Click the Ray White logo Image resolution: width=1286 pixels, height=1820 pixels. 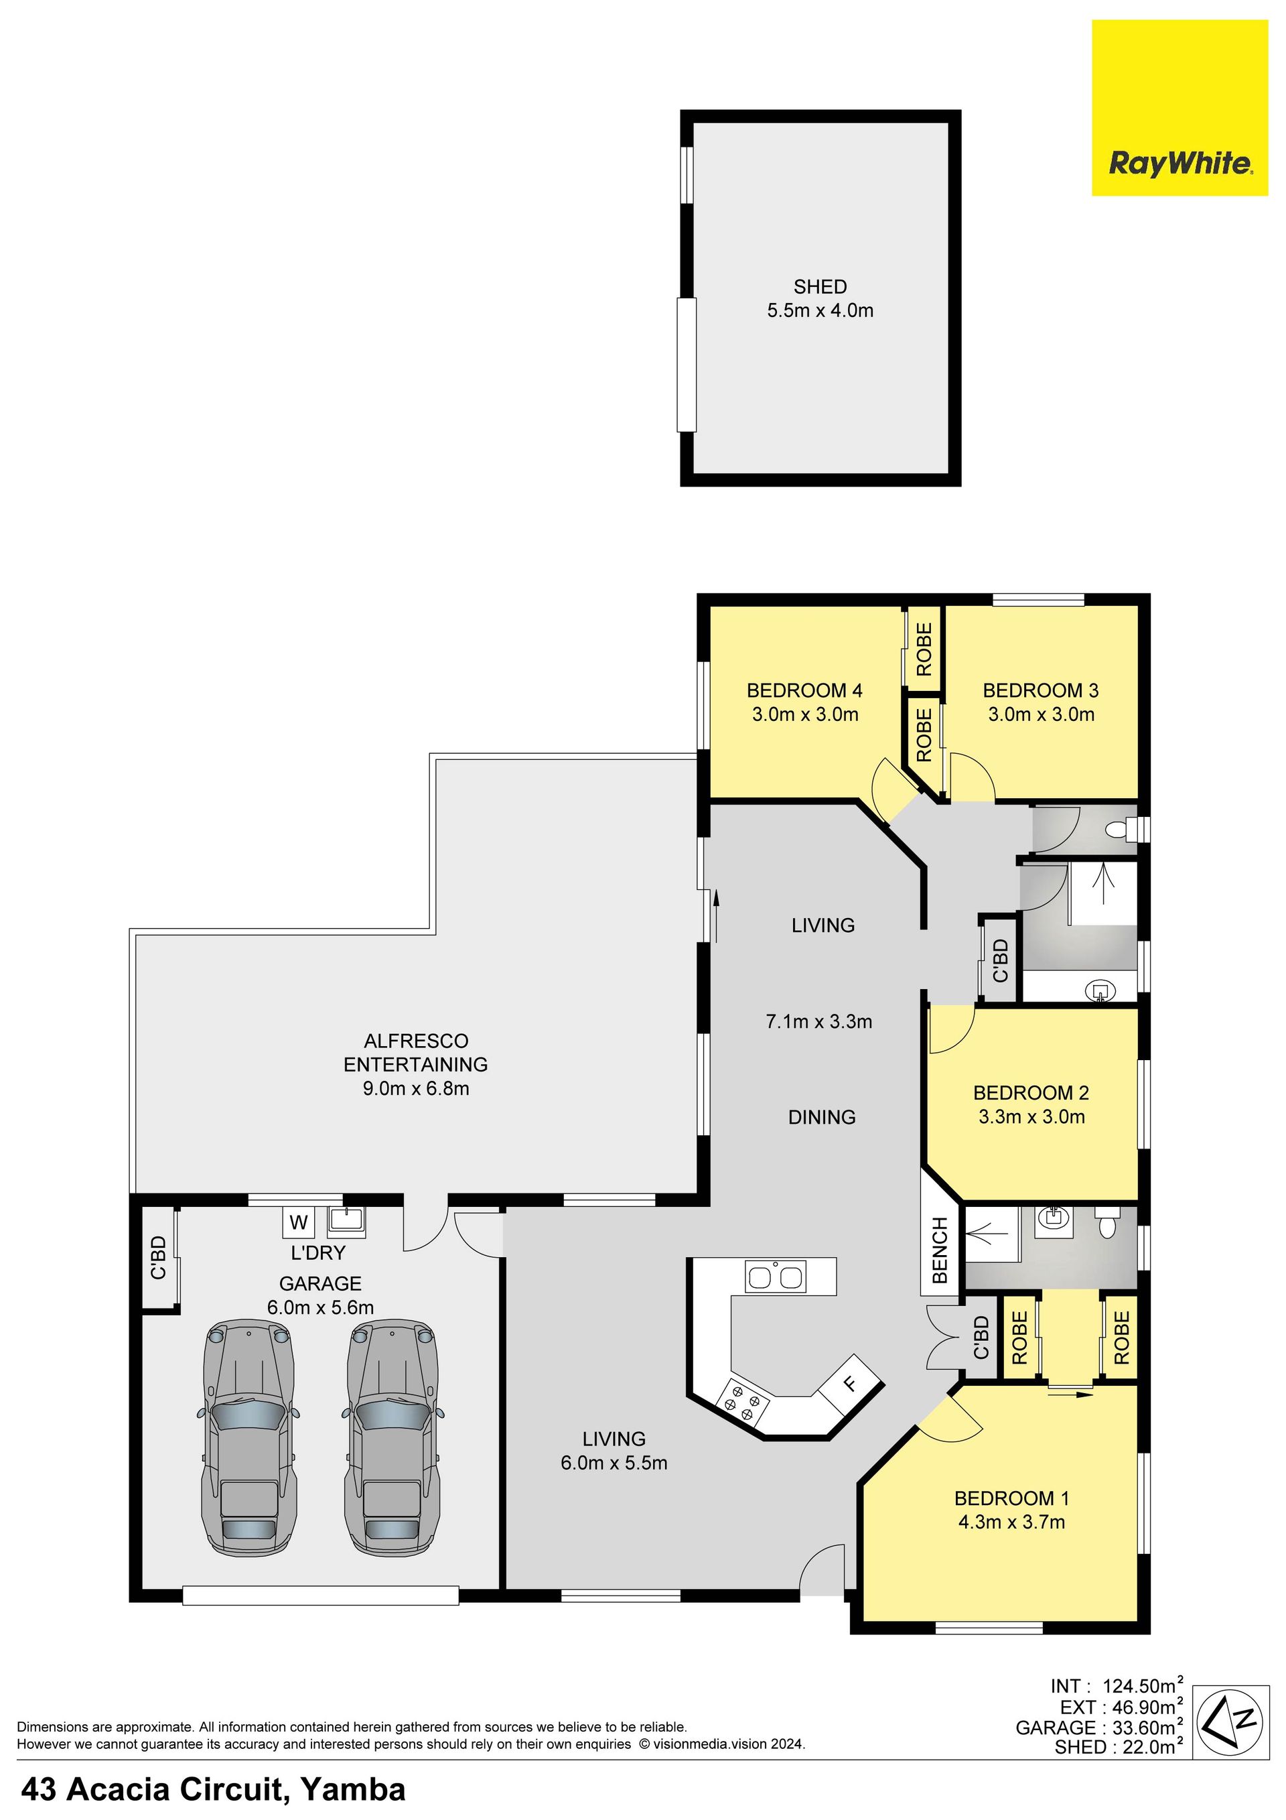(1179, 108)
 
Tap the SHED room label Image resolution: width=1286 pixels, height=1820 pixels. (820, 286)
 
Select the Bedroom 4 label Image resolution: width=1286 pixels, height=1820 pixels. (804, 690)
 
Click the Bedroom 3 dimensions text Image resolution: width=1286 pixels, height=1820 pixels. (1040, 714)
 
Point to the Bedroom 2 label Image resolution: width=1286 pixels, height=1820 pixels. (1031, 1093)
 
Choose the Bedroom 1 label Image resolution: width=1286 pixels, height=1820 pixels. (1012, 1498)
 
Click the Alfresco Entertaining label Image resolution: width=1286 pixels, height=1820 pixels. (416, 1053)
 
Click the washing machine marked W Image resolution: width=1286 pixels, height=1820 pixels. (299, 1222)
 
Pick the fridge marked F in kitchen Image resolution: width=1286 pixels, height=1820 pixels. (850, 1384)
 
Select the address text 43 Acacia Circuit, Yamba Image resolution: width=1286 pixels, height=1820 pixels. (213, 1790)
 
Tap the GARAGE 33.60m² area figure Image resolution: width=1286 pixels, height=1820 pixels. (1100, 1728)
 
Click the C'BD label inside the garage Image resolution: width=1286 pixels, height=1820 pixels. (159, 1258)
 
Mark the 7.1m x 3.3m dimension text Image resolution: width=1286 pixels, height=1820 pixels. (818, 1022)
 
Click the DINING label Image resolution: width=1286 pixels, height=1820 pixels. (822, 1118)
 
